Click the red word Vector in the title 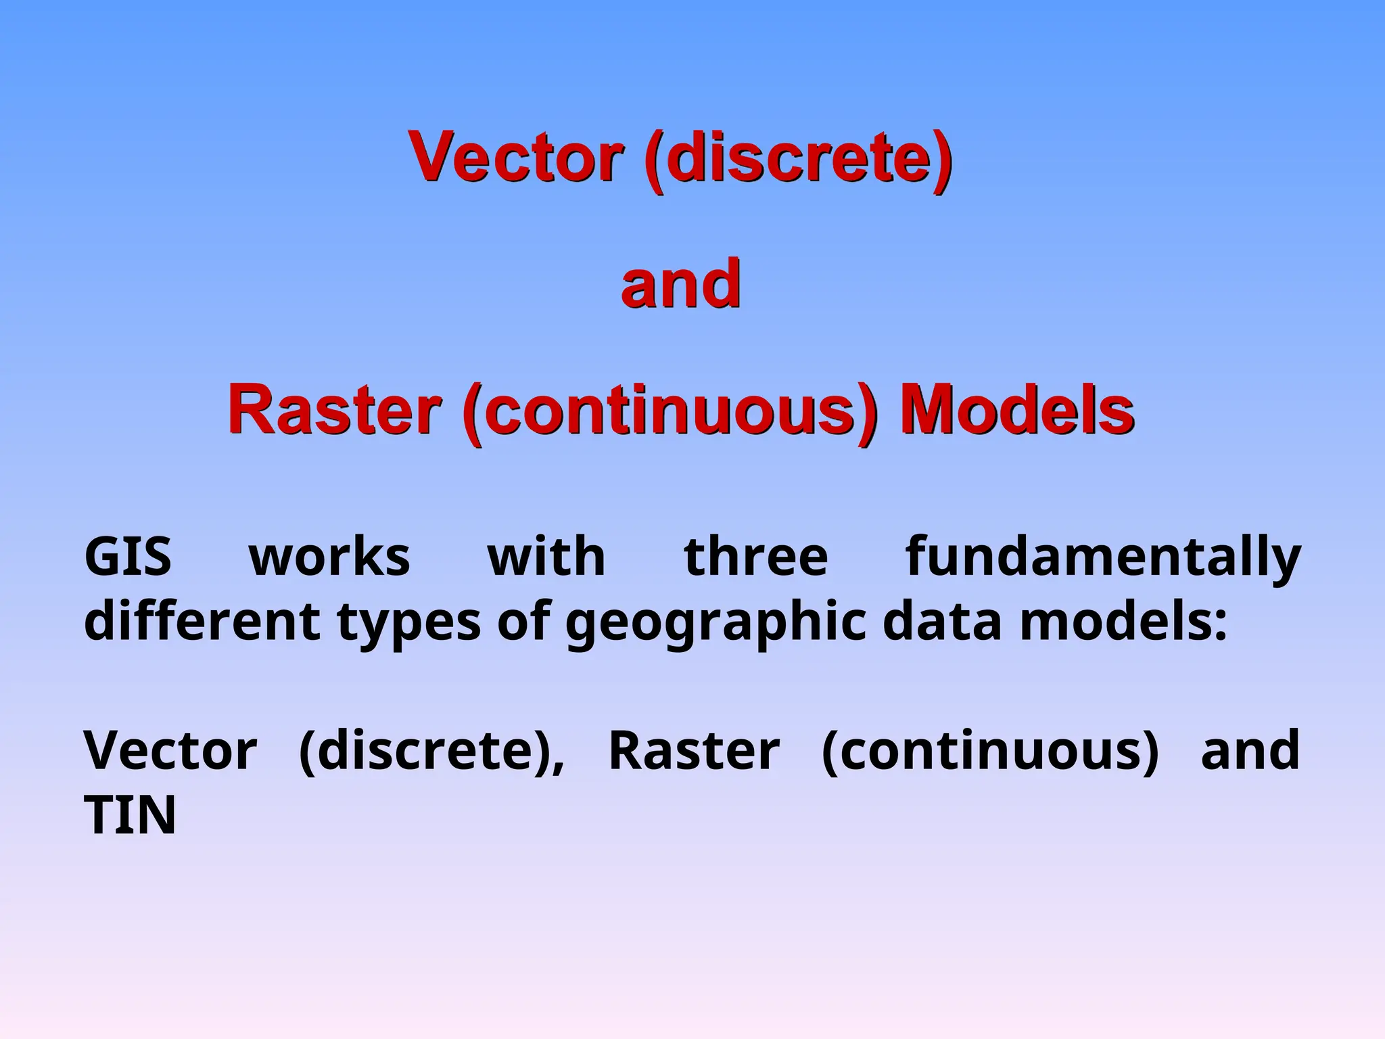tap(515, 157)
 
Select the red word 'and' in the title tap(680, 284)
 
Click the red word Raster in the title tap(335, 410)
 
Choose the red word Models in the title tap(1016, 410)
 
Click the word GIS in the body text tap(127, 557)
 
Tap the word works tap(329, 557)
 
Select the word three tap(755, 557)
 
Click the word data tap(942, 620)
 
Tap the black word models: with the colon tap(1123, 620)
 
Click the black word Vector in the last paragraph tap(170, 750)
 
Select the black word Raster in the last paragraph tap(694, 750)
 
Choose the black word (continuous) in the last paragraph tap(990, 752)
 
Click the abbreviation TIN tap(130, 814)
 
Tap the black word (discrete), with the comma tap(431, 752)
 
